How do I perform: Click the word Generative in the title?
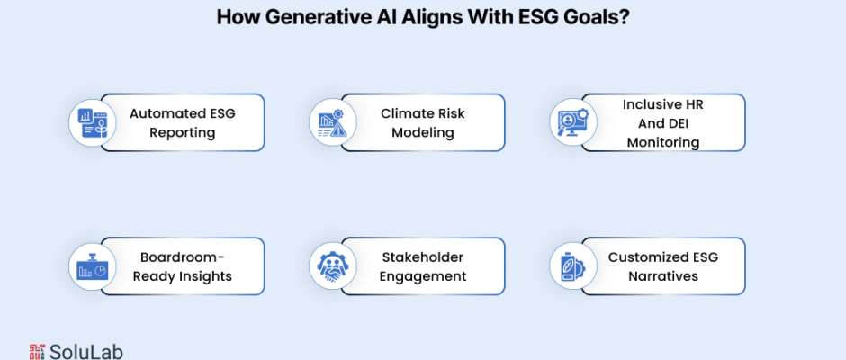[303, 17]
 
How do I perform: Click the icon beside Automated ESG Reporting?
[93, 122]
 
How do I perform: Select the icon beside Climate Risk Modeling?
[332, 123]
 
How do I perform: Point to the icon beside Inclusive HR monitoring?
[573, 122]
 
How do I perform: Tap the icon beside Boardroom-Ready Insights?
[93, 266]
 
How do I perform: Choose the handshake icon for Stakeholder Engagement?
[333, 266]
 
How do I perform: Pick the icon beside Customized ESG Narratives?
[573, 266]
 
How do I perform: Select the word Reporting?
[183, 133]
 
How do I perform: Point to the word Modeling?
[422, 133]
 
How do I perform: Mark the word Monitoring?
[663, 142]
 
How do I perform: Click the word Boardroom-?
[183, 256]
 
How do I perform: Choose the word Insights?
[207, 276]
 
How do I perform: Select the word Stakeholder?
[423, 256]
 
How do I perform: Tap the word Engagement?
[422, 276]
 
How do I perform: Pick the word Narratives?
[663, 276]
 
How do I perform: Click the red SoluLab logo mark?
[37, 352]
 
